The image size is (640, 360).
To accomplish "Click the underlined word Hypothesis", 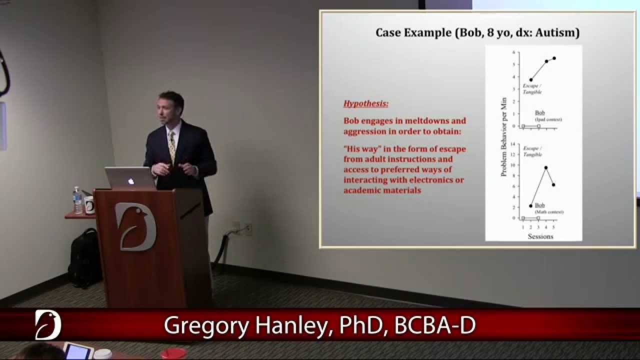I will tap(366, 104).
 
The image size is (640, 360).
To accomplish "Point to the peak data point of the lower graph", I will tap(545, 167).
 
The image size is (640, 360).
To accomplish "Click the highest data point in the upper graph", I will tap(554, 58).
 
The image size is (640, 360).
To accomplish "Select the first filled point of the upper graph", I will tap(531, 79).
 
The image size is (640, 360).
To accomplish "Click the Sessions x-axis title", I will tap(540, 236).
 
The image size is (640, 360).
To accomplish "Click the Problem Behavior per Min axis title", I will tap(504, 136).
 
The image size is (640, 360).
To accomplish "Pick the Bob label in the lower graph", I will tap(539, 205).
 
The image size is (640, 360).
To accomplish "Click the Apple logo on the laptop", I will tap(131, 181).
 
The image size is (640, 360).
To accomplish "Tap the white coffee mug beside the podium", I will tap(89, 205).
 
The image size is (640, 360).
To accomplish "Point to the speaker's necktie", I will tap(172, 146).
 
